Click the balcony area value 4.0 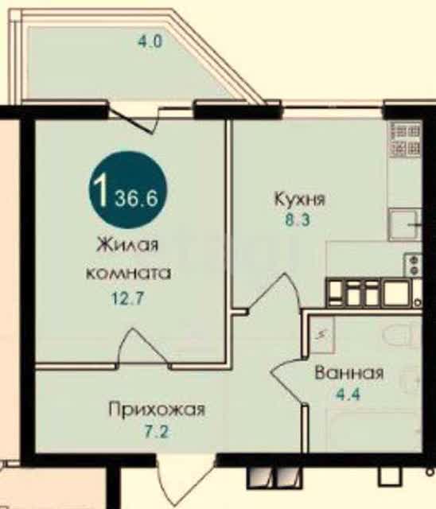click(150, 41)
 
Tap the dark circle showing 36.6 click(128, 190)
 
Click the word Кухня click(299, 199)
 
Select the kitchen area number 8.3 click(298, 220)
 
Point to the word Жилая click(127, 244)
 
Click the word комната click(129, 274)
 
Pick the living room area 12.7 click(127, 298)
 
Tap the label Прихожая click(157, 410)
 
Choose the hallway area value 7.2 click(156, 432)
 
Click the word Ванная click(349, 373)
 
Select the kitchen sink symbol click(404, 224)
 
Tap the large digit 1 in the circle click(100, 189)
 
